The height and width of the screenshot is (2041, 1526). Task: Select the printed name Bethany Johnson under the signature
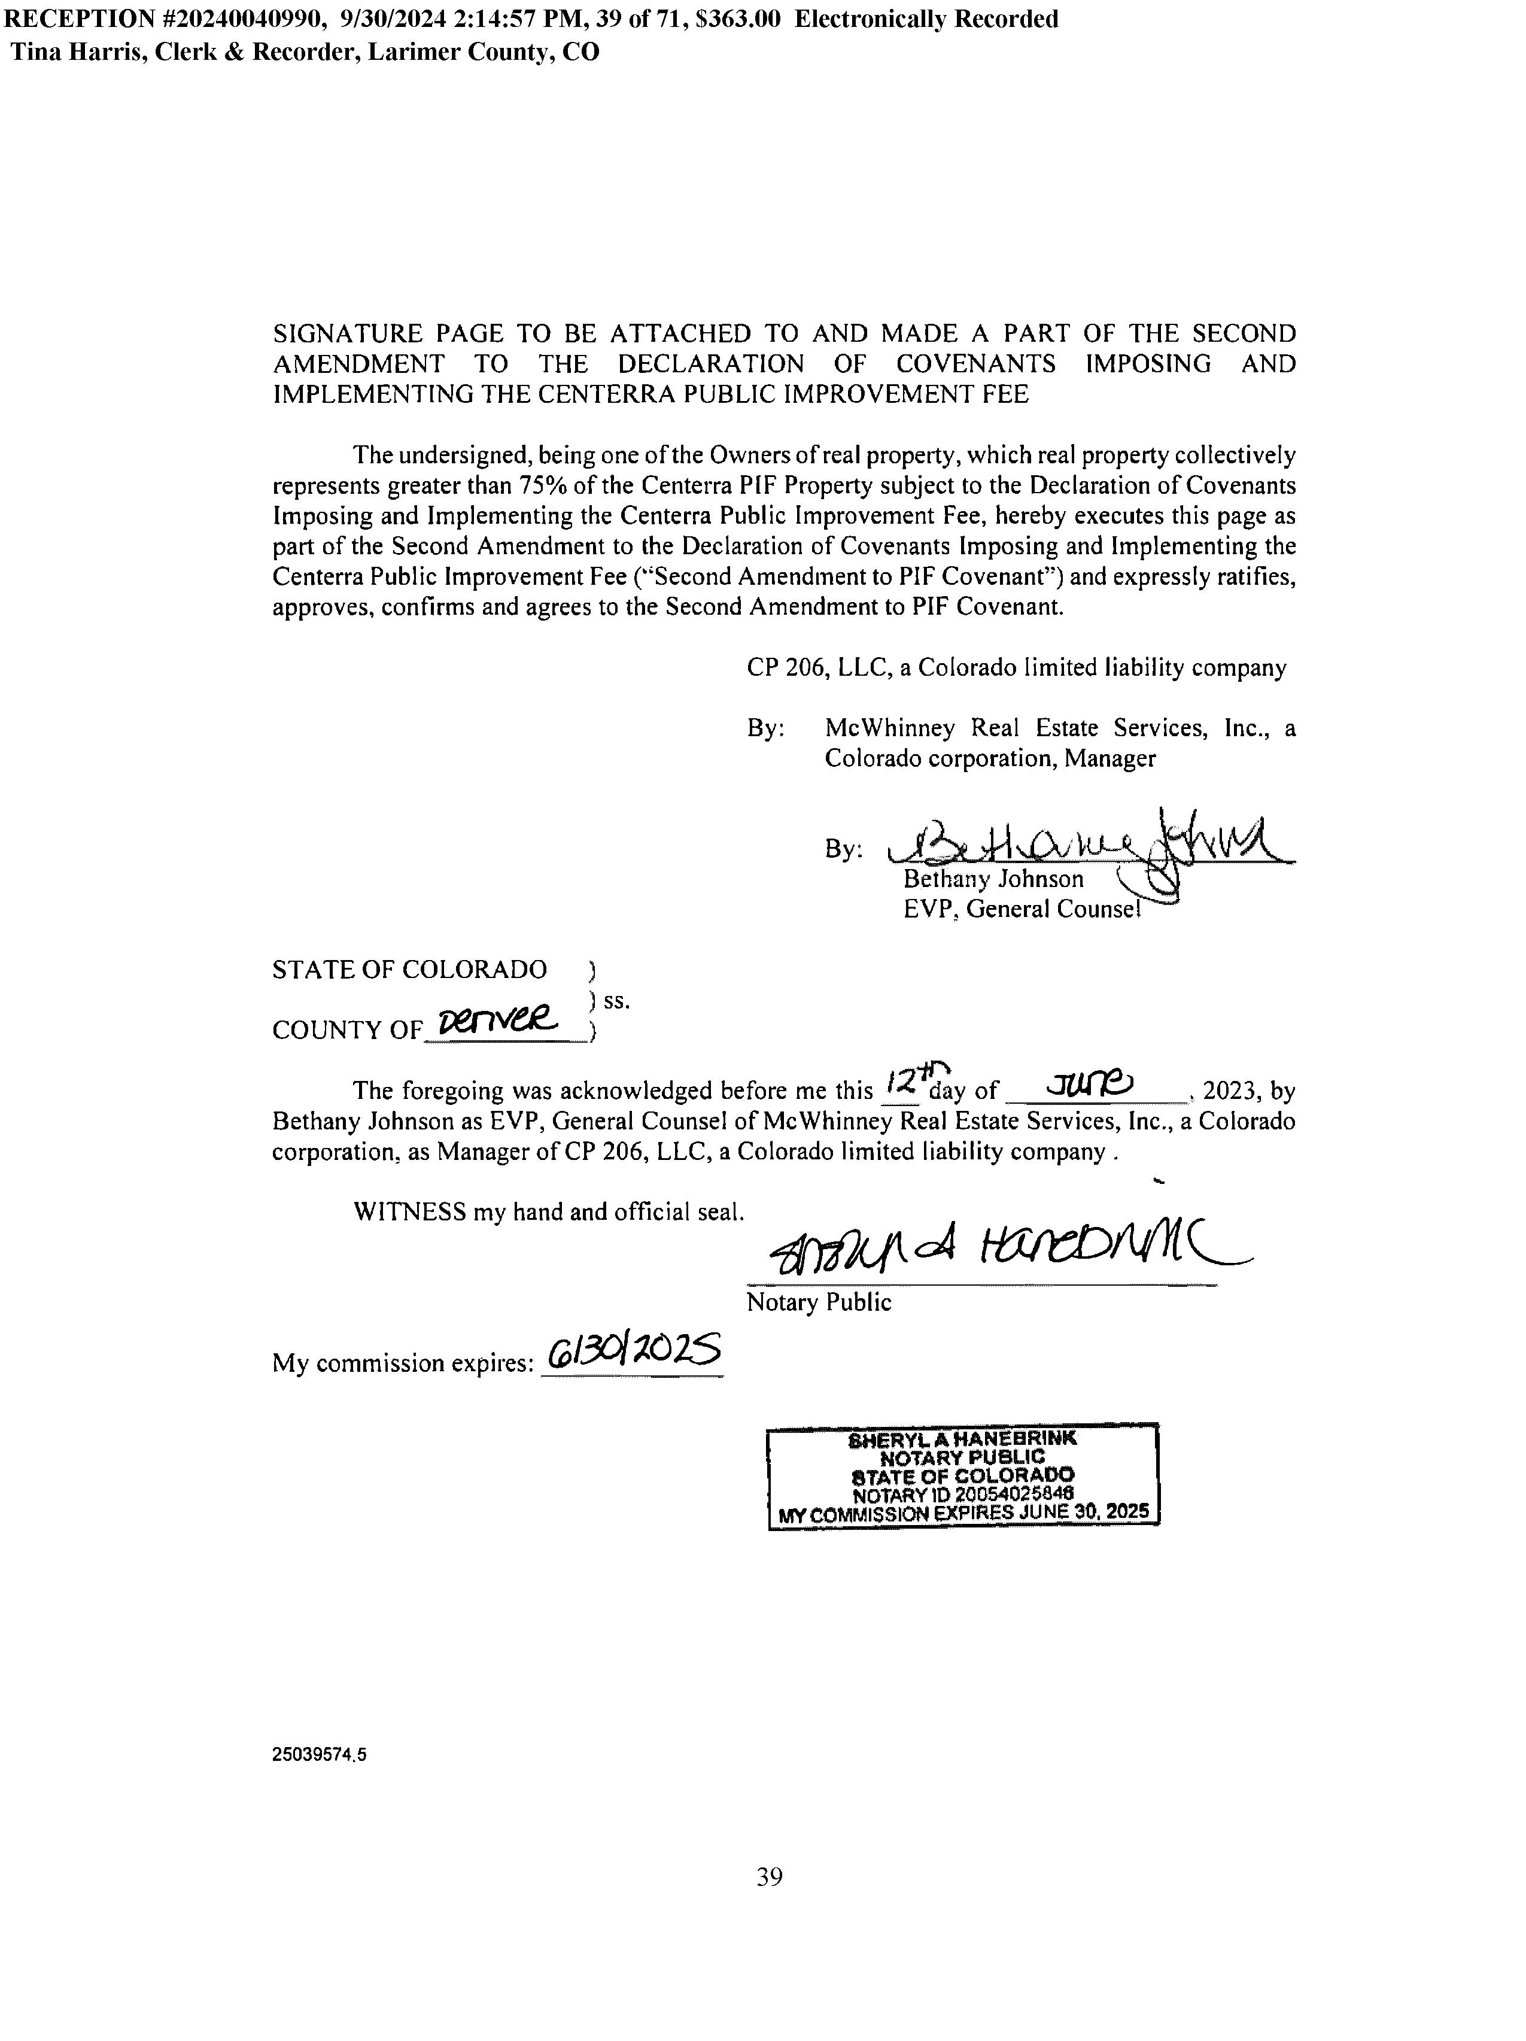tap(993, 879)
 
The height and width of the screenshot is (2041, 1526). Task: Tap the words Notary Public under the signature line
tap(819, 1303)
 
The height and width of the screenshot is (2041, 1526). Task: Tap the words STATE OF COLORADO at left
tap(409, 970)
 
